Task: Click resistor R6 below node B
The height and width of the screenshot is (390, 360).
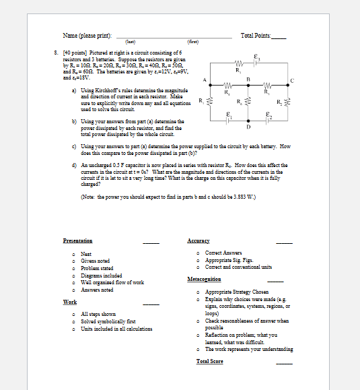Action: [250, 101]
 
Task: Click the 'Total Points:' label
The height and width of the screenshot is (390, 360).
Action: [256, 34]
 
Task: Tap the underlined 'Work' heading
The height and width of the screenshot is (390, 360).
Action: [69, 302]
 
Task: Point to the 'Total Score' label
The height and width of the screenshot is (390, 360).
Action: [209, 362]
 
